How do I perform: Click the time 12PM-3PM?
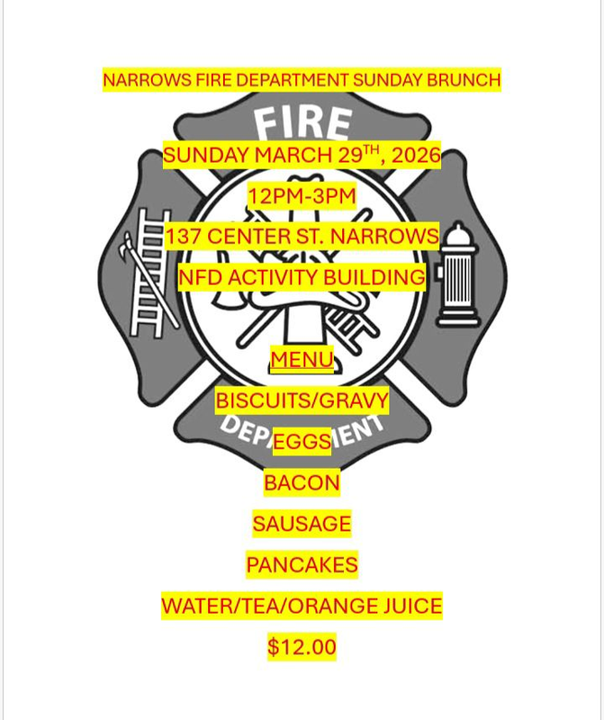[x=302, y=195]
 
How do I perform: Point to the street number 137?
[x=185, y=237]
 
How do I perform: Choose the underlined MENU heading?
[x=302, y=360]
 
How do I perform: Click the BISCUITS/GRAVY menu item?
[x=302, y=400]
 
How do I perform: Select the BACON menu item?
[x=302, y=482]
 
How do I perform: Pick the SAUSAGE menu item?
[x=302, y=523]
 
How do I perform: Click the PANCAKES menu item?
[x=302, y=565]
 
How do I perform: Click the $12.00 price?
[x=302, y=647]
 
